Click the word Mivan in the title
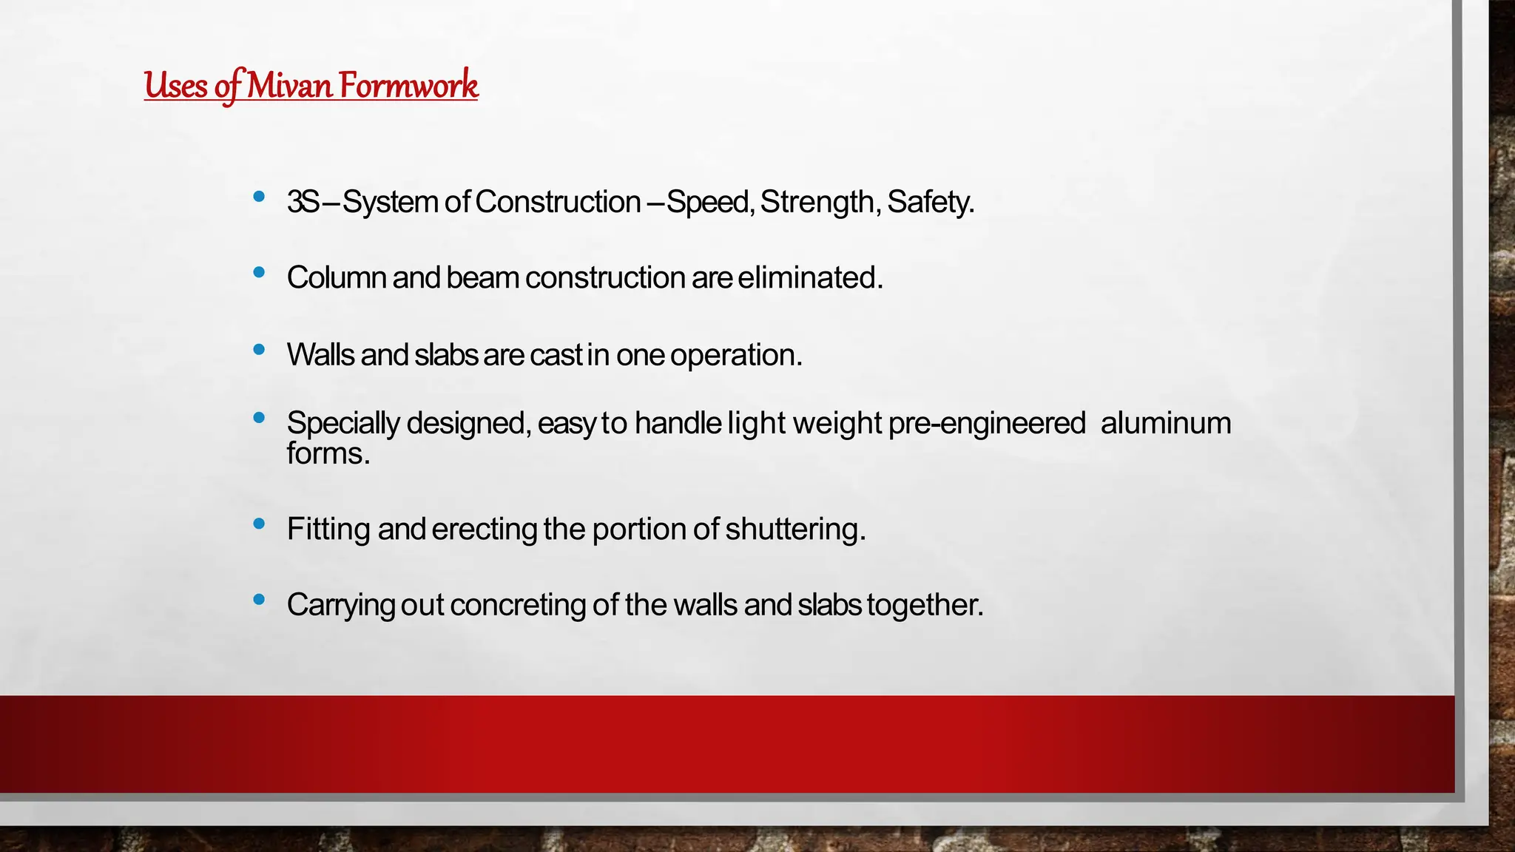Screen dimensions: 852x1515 pos(289,85)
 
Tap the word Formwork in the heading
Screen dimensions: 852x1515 pos(409,85)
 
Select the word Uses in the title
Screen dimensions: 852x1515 pos(176,85)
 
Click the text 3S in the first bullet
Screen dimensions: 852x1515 pos(303,202)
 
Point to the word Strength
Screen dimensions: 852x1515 pos(817,202)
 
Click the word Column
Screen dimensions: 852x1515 pos(336,278)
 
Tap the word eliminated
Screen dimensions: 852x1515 pos(810,278)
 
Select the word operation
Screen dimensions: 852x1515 pos(736,355)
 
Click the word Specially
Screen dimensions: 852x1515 pos(343,423)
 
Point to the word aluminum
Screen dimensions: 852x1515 pos(1166,423)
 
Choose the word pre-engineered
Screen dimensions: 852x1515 pos(987,423)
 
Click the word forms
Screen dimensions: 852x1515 pos(328,453)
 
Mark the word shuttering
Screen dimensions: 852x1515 pos(795,530)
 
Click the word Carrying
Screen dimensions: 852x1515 pos(340,605)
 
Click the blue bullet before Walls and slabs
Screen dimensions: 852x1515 pos(259,350)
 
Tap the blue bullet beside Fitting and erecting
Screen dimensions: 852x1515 pos(259,524)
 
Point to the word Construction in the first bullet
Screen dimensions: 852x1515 pos(558,202)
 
